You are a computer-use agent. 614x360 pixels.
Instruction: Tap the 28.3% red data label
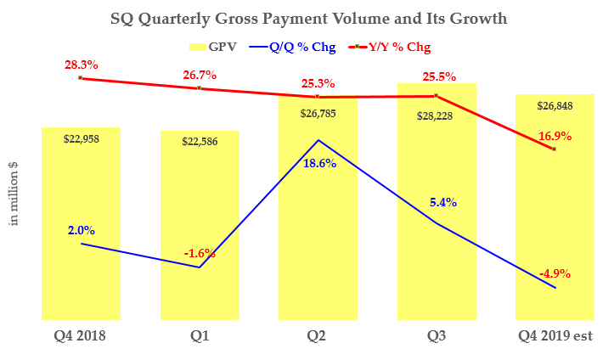[80, 64]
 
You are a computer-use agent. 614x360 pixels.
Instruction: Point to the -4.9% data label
[555, 273]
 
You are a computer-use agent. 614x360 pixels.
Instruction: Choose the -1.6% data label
[200, 253]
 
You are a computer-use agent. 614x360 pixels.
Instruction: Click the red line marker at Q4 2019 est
[554, 149]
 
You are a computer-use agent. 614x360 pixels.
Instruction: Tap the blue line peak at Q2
[318, 140]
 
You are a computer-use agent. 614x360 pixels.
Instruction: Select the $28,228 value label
[437, 118]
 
